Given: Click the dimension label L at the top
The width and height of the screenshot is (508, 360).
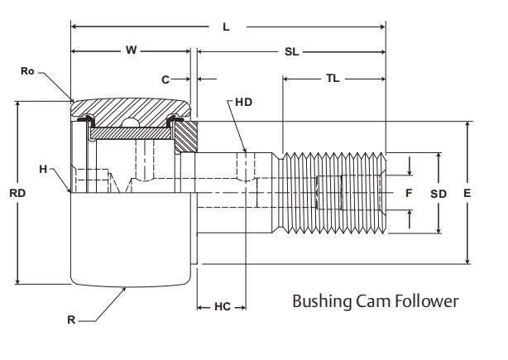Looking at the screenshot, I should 226,26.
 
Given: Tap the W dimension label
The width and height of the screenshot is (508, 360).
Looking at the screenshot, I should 132,50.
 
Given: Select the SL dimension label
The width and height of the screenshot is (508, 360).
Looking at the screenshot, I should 291,51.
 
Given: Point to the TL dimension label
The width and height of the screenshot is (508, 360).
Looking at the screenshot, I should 332,79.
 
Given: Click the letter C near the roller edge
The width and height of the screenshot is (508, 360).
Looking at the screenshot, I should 165,79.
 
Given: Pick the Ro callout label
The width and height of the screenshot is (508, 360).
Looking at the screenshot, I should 27,72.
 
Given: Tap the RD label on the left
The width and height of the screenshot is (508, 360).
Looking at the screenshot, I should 17,193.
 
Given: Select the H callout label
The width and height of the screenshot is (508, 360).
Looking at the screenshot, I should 43,169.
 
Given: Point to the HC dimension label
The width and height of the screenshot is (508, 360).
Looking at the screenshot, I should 222,306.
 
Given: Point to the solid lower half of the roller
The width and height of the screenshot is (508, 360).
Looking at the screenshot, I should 132,240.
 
